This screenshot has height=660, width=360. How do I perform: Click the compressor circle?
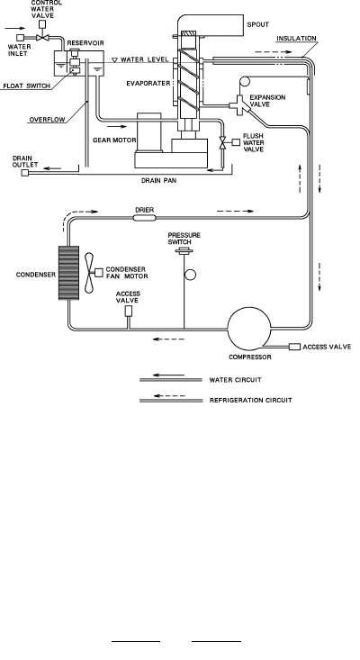(249, 329)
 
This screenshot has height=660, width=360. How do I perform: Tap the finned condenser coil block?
(68, 273)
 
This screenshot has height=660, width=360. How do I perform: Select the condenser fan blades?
(89, 273)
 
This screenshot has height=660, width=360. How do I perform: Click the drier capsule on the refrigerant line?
(144, 218)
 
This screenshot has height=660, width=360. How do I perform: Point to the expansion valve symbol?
(240, 104)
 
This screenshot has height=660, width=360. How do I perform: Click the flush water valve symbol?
(223, 142)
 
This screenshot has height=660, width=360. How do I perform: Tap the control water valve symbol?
(42, 38)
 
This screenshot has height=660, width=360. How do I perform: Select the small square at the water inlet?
(20, 38)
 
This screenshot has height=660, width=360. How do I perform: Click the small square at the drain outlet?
(25, 172)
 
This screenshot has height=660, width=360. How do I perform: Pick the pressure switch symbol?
(184, 251)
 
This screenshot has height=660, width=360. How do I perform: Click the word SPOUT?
(257, 24)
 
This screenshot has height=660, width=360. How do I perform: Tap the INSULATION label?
(296, 39)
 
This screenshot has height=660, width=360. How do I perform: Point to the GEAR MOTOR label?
(114, 140)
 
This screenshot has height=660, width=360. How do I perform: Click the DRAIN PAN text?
(158, 181)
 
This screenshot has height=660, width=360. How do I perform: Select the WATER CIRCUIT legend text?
(235, 380)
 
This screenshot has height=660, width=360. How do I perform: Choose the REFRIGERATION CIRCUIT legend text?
(251, 400)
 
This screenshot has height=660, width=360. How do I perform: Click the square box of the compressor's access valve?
(295, 347)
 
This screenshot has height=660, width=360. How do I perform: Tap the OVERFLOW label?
(47, 120)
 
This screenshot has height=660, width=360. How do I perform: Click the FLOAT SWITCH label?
(26, 86)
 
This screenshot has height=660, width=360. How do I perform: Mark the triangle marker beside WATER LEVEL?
(114, 60)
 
